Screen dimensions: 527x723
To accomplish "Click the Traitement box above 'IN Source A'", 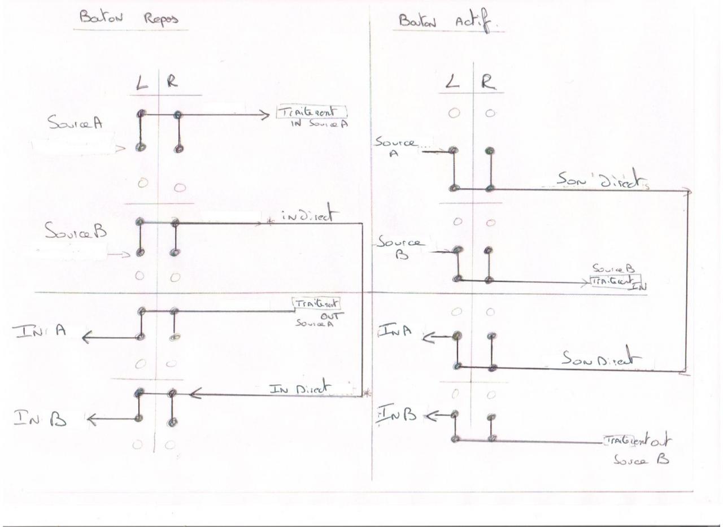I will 311,112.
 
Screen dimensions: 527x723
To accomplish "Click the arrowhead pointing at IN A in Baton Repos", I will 87,338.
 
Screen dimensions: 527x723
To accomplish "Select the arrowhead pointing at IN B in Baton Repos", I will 92,420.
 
